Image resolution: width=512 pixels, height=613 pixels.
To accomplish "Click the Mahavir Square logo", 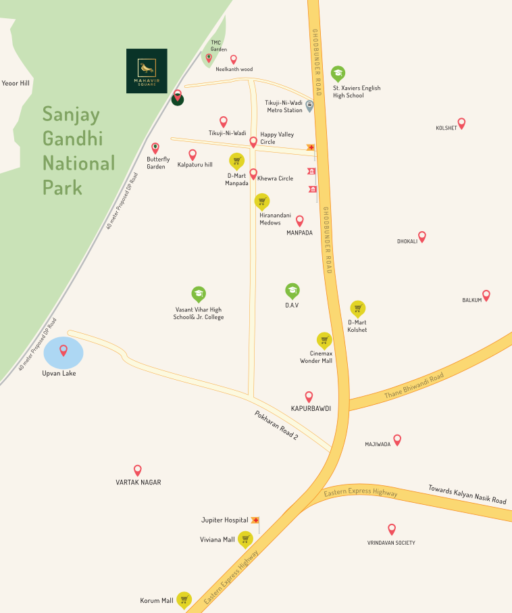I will tap(147, 70).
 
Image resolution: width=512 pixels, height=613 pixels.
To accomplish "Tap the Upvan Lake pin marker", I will tap(63, 350).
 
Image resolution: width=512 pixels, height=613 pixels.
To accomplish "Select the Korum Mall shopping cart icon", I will tap(184, 599).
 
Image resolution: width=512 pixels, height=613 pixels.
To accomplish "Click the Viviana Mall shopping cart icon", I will tap(245, 539).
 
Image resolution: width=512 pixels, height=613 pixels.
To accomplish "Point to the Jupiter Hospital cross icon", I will tap(255, 520).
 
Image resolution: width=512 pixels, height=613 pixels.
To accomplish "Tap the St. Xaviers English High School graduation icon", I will tap(338, 73).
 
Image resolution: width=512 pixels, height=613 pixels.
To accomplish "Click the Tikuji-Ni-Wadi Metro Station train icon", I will tap(309, 105).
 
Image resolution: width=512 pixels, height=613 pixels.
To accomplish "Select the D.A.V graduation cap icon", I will tap(292, 291).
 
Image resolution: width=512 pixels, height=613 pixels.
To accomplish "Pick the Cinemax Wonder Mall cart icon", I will tap(324, 340).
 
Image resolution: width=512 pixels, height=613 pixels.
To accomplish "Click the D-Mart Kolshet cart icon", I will tap(358, 308).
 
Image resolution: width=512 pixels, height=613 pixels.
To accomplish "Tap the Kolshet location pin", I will tap(461, 124).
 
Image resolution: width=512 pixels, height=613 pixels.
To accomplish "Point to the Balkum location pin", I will tap(486, 295).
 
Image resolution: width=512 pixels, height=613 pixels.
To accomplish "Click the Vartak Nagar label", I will tap(138, 483).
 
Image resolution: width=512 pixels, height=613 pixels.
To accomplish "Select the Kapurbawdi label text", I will tap(311, 409).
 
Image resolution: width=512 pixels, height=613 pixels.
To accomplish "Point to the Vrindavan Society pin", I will tap(392, 529).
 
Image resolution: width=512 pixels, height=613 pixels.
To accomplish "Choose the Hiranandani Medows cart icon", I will tap(261, 201).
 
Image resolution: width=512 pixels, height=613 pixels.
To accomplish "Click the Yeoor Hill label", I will tap(16, 83).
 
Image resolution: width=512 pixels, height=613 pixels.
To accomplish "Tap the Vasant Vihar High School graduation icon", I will tap(199, 293).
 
